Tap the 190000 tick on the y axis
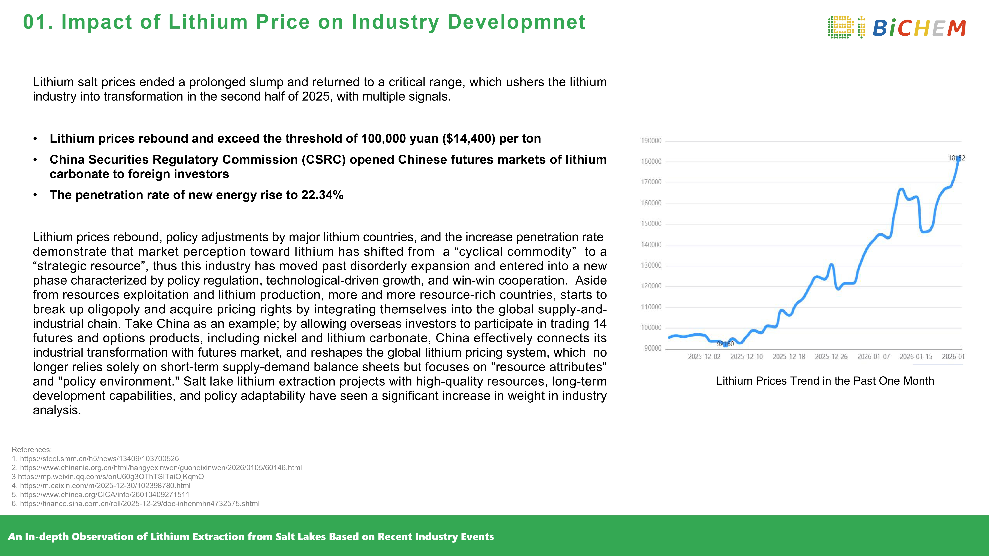tap(651, 141)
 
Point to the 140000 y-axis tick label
tap(651, 245)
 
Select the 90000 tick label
tap(653, 348)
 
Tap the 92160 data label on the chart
tap(725, 344)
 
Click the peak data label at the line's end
tap(956, 158)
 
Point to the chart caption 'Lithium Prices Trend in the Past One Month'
tap(825, 381)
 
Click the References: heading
tap(31, 450)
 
